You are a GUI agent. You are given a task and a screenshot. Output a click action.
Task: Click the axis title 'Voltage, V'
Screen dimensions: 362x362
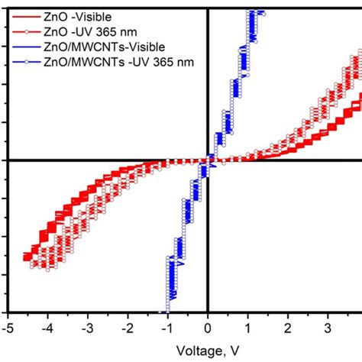(208, 350)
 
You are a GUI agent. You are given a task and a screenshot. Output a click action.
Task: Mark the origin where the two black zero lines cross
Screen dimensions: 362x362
(208, 160)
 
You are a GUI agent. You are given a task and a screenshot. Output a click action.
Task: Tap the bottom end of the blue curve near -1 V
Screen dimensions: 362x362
(165, 310)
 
